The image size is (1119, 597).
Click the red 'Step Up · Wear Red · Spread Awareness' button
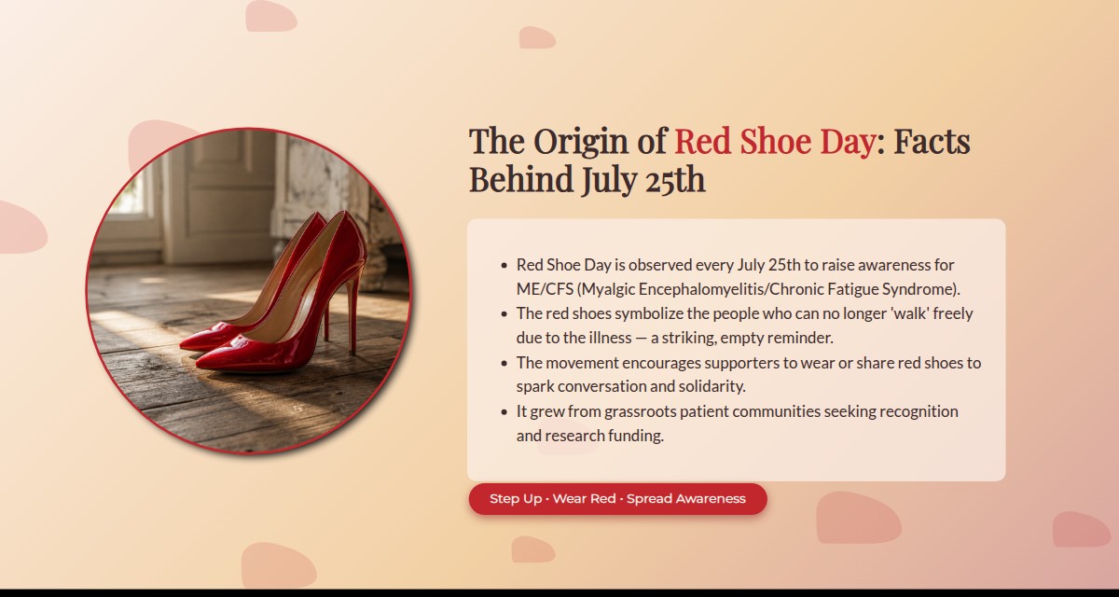click(617, 498)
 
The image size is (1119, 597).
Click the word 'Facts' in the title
click(932, 141)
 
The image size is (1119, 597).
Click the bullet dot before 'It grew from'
click(504, 412)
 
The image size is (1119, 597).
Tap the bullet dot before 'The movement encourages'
click(504, 363)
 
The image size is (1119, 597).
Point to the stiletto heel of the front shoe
click(352, 313)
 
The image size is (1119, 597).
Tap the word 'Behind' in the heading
click(521, 179)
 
